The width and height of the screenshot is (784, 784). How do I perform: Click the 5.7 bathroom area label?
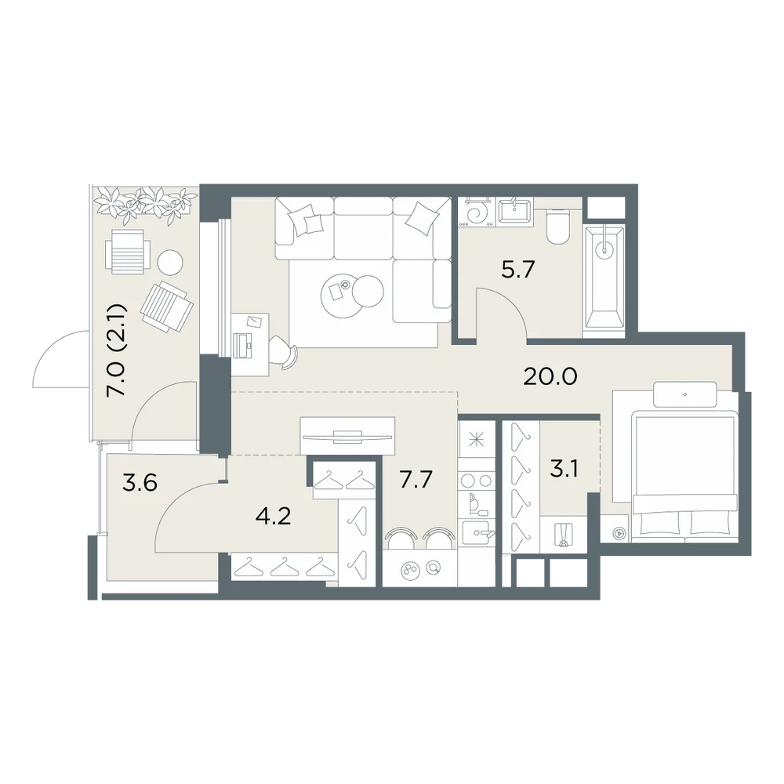(518, 270)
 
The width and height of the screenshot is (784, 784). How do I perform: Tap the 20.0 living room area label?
(550, 376)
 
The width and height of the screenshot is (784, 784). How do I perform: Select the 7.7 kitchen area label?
(416, 479)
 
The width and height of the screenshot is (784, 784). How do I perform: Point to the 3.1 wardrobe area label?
(564, 469)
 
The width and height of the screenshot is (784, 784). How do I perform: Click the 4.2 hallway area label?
(273, 516)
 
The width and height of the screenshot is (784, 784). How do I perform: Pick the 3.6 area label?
(140, 483)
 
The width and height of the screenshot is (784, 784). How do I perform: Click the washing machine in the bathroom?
(477, 213)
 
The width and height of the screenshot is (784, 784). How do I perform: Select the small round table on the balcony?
(170, 262)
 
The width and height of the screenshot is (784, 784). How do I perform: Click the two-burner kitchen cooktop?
(477, 481)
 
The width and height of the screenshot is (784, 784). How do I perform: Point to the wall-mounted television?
(347, 436)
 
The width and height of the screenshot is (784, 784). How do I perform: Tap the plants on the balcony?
(145, 204)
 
